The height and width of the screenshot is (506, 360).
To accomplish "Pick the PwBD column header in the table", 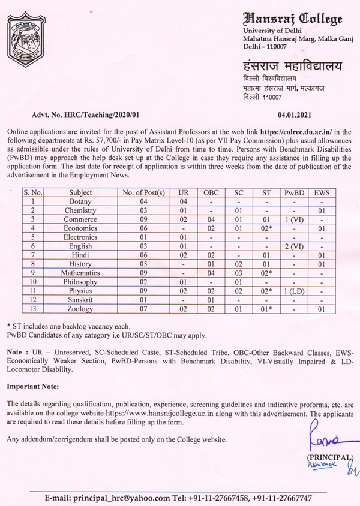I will click(x=294, y=193).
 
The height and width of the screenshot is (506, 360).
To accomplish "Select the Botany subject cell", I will click(x=80, y=202).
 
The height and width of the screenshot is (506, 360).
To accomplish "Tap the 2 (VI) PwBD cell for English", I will click(x=294, y=246).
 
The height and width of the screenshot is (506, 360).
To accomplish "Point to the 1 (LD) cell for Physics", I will click(x=294, y=291).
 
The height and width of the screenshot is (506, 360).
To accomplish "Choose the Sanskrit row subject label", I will click(x=80, y=300).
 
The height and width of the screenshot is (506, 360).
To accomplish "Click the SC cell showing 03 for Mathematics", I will click(x=238, y=273).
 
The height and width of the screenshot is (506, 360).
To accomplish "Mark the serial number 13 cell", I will click(x=34, y=309).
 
